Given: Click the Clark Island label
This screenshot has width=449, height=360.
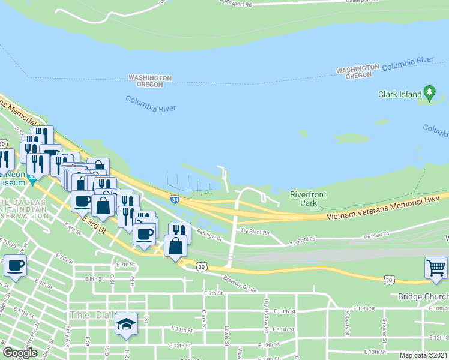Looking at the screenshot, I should pos(399,94).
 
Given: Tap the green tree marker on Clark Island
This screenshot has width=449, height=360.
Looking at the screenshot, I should pos(429,92).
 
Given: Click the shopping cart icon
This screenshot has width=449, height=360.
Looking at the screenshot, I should pos(436,268).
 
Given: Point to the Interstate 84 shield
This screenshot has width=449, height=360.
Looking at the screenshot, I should pos(175,199).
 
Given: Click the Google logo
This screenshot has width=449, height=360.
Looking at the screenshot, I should pos(20,353).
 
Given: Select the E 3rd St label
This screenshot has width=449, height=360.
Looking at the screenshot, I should pos(95,226).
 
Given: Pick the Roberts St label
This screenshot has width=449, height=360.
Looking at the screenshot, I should pos(347,323).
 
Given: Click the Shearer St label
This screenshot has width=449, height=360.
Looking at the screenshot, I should pos(384,323).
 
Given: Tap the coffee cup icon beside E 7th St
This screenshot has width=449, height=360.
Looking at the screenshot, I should pos(15,265).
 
